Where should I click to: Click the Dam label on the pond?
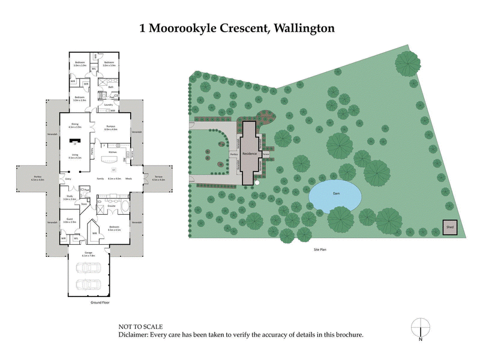tap(337, 193)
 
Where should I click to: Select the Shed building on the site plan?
tap(449, 227)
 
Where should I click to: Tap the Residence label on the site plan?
tap(250, 154)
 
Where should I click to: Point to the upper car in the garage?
tap(89, 268)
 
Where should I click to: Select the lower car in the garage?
tap(89, 284)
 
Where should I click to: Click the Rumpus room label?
tap(110, 127)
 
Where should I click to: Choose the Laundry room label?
tap(109, 105)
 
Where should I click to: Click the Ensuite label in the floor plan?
tap(112, 206)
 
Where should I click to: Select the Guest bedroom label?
tap(69, 220)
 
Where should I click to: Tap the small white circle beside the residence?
tap(256, 182)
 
